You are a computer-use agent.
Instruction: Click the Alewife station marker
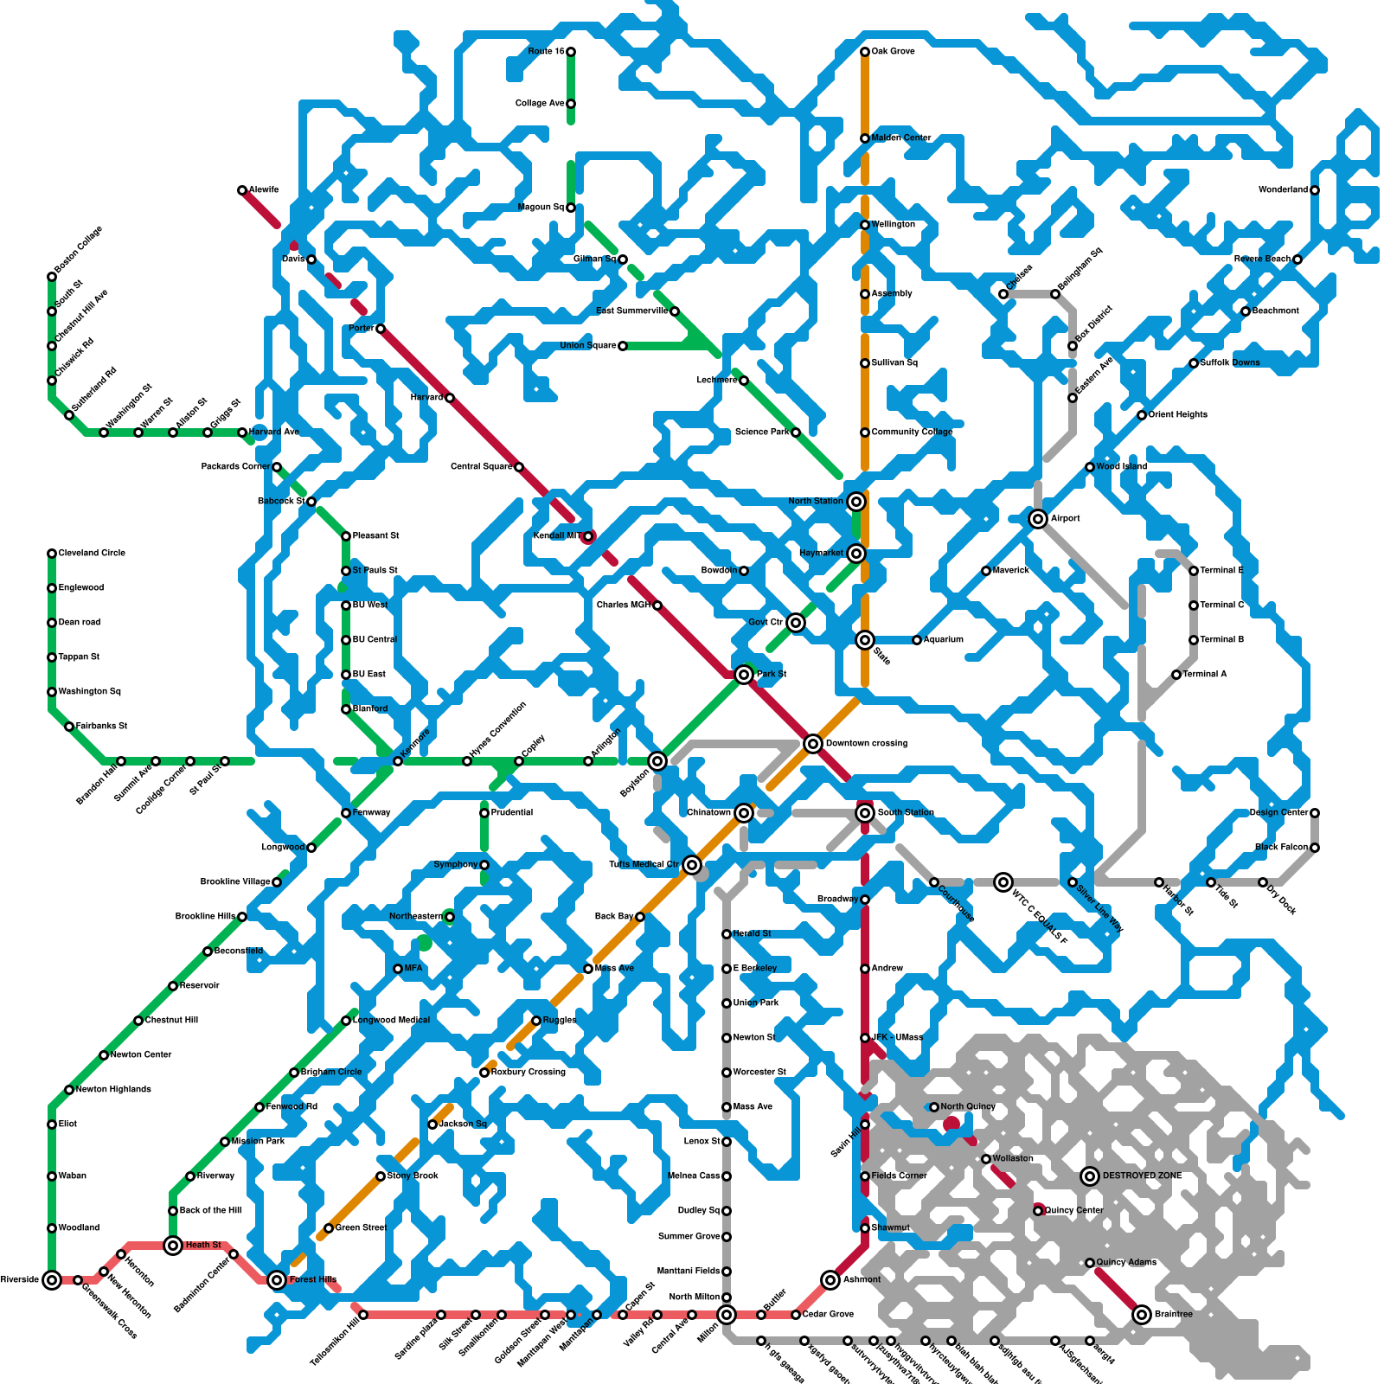coord(242,190)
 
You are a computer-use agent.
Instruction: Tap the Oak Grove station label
coord(893,52)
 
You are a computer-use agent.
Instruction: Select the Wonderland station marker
coord(1315,190)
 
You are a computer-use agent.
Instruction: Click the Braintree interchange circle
coord(1142,1315)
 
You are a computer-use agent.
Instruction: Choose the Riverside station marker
coord(52,1280)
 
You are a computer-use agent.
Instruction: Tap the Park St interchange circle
coord(744,675)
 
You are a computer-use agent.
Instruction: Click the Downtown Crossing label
coord(866,744)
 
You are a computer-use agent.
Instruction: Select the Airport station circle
coord(1038,519)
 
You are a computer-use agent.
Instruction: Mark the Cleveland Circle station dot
coord(52,554)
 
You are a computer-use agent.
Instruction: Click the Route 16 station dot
coord(571,52)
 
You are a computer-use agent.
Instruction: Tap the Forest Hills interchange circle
coord(277,1280)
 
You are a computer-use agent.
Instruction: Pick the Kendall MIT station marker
coord(588,536)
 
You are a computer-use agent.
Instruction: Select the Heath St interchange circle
coord(173,1246)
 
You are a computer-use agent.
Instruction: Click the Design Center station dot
coord(1315,813)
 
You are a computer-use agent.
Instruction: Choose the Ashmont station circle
coord(830,1280)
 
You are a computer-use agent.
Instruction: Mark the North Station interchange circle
coord(856,502)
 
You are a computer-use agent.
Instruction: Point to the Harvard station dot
coord(450,398)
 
